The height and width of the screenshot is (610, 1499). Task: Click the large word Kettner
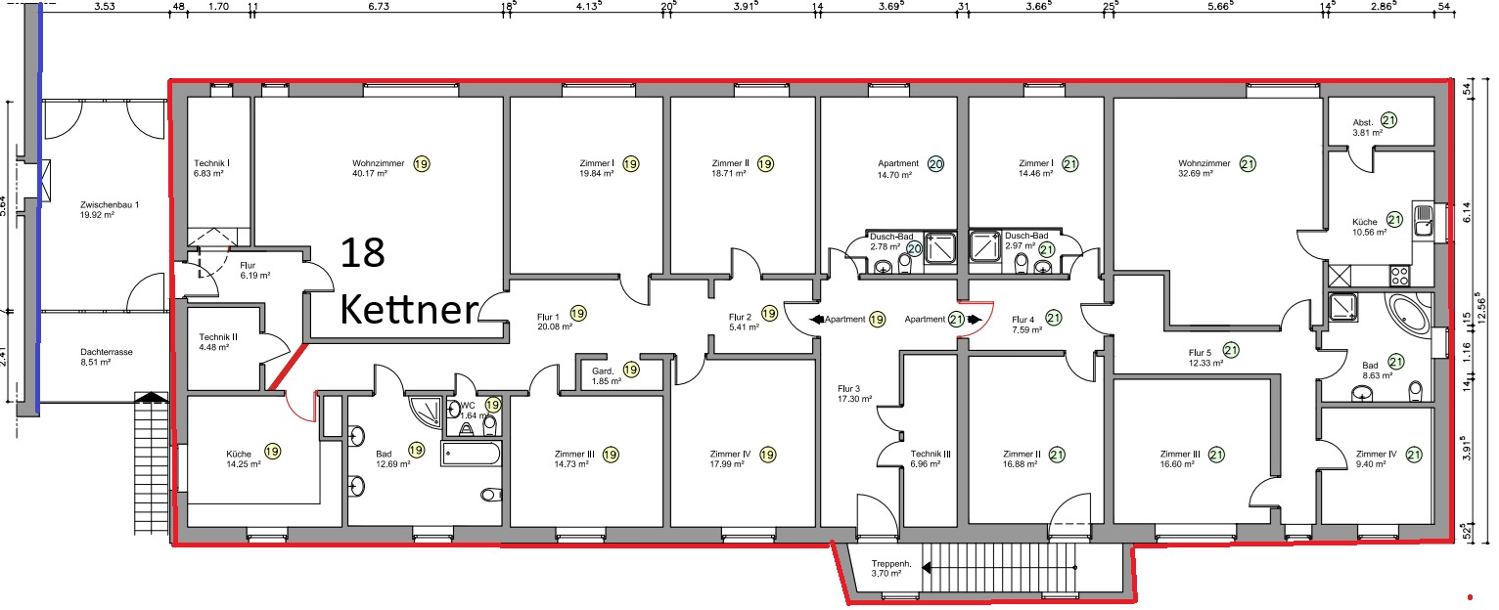409,309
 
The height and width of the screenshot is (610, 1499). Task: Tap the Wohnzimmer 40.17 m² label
378,168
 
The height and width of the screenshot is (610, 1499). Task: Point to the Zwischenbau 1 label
109,210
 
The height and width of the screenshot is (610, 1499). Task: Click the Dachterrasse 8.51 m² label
107,357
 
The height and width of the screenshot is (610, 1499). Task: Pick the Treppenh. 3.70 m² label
891,569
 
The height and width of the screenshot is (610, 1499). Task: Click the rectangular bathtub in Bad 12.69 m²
471,454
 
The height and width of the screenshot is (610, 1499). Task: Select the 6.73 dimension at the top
378,7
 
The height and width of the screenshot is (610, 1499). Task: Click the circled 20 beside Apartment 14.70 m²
935,164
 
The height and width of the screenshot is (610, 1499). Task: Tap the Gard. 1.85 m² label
606,376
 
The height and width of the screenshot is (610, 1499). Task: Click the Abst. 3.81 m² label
1367,128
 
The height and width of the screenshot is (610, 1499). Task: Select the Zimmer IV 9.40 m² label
1376,458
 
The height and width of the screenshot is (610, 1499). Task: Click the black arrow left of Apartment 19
816,320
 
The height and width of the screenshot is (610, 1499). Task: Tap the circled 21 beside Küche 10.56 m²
1394,219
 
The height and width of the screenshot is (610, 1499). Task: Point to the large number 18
363,253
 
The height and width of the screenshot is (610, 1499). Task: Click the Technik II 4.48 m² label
218,342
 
